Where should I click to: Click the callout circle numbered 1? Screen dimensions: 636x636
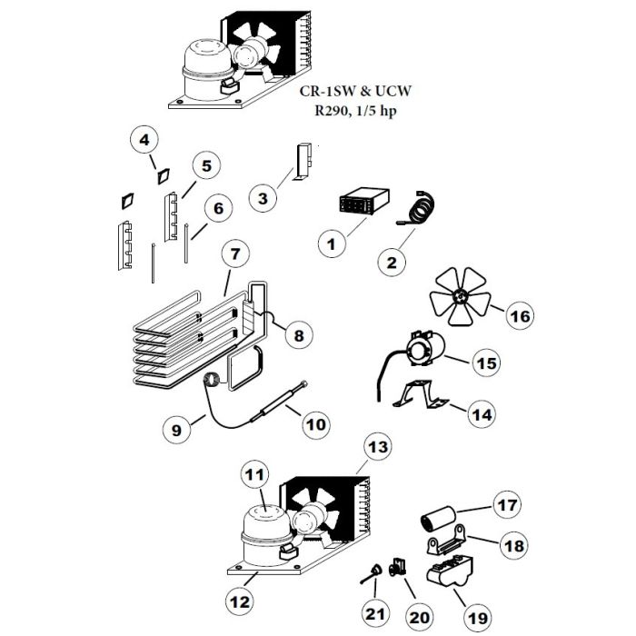click(x=333, y=244)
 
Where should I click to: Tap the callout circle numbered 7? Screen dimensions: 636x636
click(x=235, y=254)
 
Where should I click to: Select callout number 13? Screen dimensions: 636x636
click(x=378, y=447)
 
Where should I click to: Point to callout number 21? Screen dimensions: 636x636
click(x=374, y=613)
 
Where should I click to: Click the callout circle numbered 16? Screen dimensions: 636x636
click(x=520, y=315)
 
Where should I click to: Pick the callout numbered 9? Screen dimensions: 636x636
click(x=176, y=430)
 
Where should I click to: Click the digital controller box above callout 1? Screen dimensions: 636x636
click(x=363, y=200)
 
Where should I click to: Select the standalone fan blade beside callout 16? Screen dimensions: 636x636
click(x=461, y=296)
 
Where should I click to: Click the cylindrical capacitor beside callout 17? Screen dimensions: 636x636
click(x=438, y=519)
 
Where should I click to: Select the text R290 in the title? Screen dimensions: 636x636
click(x=331, y=110)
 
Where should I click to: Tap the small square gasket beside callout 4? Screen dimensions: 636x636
click(x=163, y=176)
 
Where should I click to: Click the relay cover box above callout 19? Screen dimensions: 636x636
click(x=451, y=571)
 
